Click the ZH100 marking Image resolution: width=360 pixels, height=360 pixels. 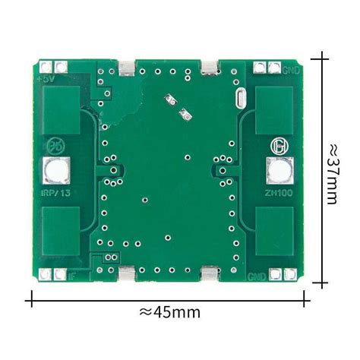(x=276, y=194)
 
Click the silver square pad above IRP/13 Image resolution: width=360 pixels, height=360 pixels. (x=57, y=173)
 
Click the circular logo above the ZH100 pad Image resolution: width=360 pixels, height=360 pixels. (x=277, y=145)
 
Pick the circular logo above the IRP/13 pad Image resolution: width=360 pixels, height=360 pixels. (x=56, y=145)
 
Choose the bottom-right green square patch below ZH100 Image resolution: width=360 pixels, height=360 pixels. (x=274, y=232)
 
